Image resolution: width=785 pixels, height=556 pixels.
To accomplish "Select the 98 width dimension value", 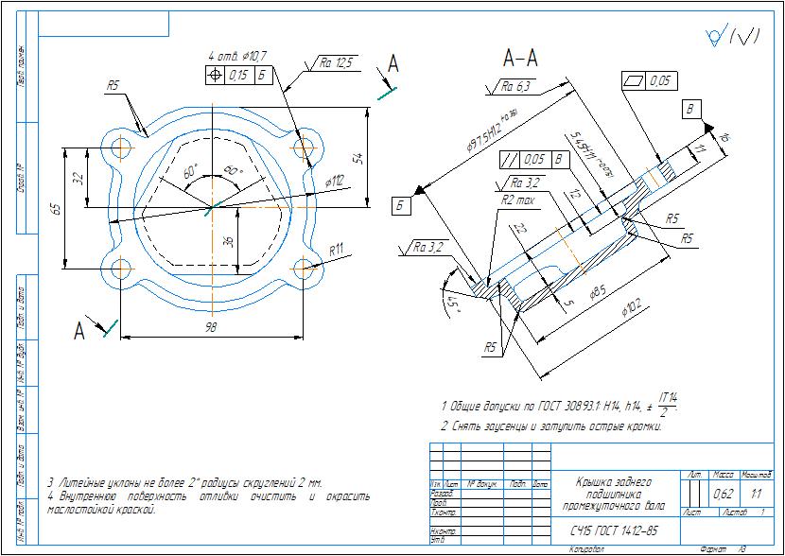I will (211, 326).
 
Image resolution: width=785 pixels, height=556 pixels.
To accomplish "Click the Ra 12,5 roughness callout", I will (336, 62).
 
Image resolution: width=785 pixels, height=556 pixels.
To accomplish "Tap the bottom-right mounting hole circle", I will (304, 268).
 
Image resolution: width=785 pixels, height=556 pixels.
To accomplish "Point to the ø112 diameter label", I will (335, 179).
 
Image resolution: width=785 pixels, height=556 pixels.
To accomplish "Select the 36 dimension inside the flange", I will (227, 242).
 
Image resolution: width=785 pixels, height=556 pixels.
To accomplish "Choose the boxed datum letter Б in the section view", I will (400, 205).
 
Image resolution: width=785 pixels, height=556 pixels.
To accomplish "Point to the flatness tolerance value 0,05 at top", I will (662, 82).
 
